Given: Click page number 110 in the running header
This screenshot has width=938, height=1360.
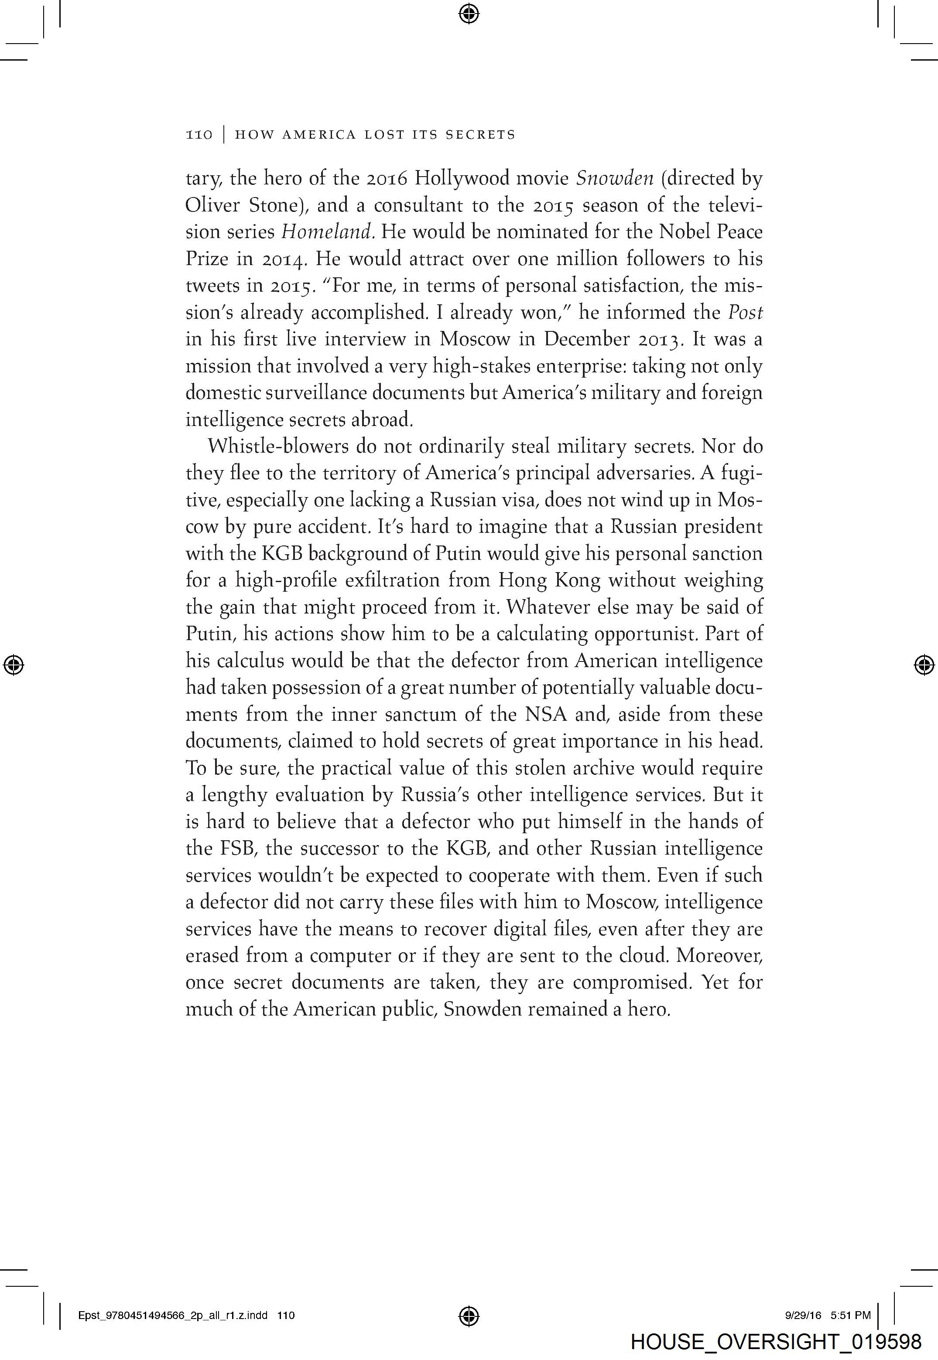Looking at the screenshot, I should pyautogui.click(x=199, y=135).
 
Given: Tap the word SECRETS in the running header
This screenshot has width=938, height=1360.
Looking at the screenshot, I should pyautogui.click(x=480, y=135).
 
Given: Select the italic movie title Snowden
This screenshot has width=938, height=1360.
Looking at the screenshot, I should pyautogui.click(x=614, y=178).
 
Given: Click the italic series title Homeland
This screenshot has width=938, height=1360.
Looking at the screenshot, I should pyautogui.click(x=327, y=232).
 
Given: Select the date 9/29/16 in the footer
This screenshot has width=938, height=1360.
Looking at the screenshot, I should pyautogui.click(x=803, y=1316).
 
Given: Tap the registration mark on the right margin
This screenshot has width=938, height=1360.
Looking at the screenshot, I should pyautogui.click(x=924, y=665).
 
